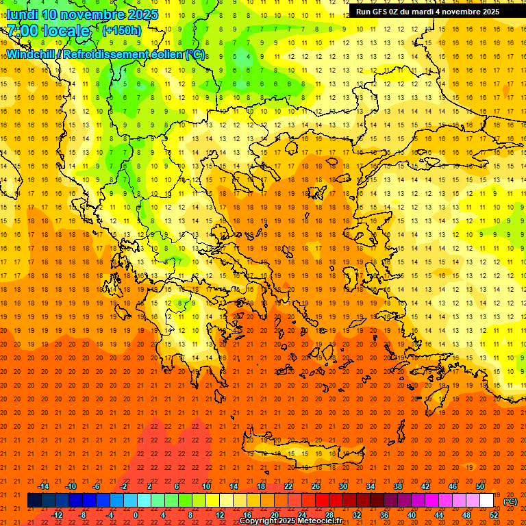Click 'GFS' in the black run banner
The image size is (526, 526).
click(x=383, y=12)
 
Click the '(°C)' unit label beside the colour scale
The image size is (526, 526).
click(x=510, y=501)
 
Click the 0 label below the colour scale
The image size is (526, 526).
click(x=136, y=514)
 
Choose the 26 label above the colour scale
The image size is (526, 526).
click(x=316, y=486)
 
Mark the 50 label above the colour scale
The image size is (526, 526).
click(x=480, y=486)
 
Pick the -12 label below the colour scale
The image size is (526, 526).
click(x=58, y=514)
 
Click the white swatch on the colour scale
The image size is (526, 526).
click(x=487, y=501)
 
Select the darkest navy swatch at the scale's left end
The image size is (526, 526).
click(x=34, y=501)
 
